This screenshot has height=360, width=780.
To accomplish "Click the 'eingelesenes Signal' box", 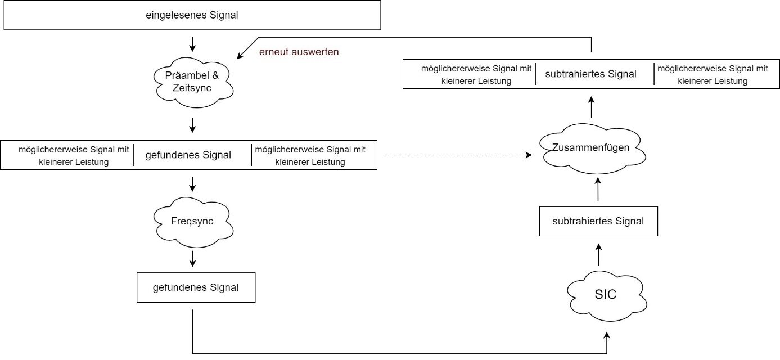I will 192,15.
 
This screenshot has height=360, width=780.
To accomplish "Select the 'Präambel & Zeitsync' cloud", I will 192,82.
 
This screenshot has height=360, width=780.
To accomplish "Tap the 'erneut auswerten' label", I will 299,52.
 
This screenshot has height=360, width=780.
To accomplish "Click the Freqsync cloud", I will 192,221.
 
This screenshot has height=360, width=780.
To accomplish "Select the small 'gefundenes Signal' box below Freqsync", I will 195,287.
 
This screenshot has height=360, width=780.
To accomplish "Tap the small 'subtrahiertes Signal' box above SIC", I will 598,221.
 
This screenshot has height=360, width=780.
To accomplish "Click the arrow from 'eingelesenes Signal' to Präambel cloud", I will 192,43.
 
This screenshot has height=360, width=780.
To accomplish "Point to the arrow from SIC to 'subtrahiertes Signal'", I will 598,254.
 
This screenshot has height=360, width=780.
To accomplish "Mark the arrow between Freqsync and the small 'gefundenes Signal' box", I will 192,258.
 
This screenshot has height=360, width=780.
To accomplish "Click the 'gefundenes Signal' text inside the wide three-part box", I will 192,155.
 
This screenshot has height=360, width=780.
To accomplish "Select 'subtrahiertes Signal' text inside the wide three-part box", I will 594,74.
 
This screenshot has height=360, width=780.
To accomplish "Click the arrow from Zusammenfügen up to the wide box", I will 591,105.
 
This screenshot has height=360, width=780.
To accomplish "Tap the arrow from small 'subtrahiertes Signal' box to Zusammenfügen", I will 598,189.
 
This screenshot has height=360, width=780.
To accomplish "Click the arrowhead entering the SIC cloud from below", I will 607,336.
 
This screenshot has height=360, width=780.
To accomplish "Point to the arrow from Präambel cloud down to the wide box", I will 192,125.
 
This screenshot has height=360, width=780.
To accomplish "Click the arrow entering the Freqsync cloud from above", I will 192,183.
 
